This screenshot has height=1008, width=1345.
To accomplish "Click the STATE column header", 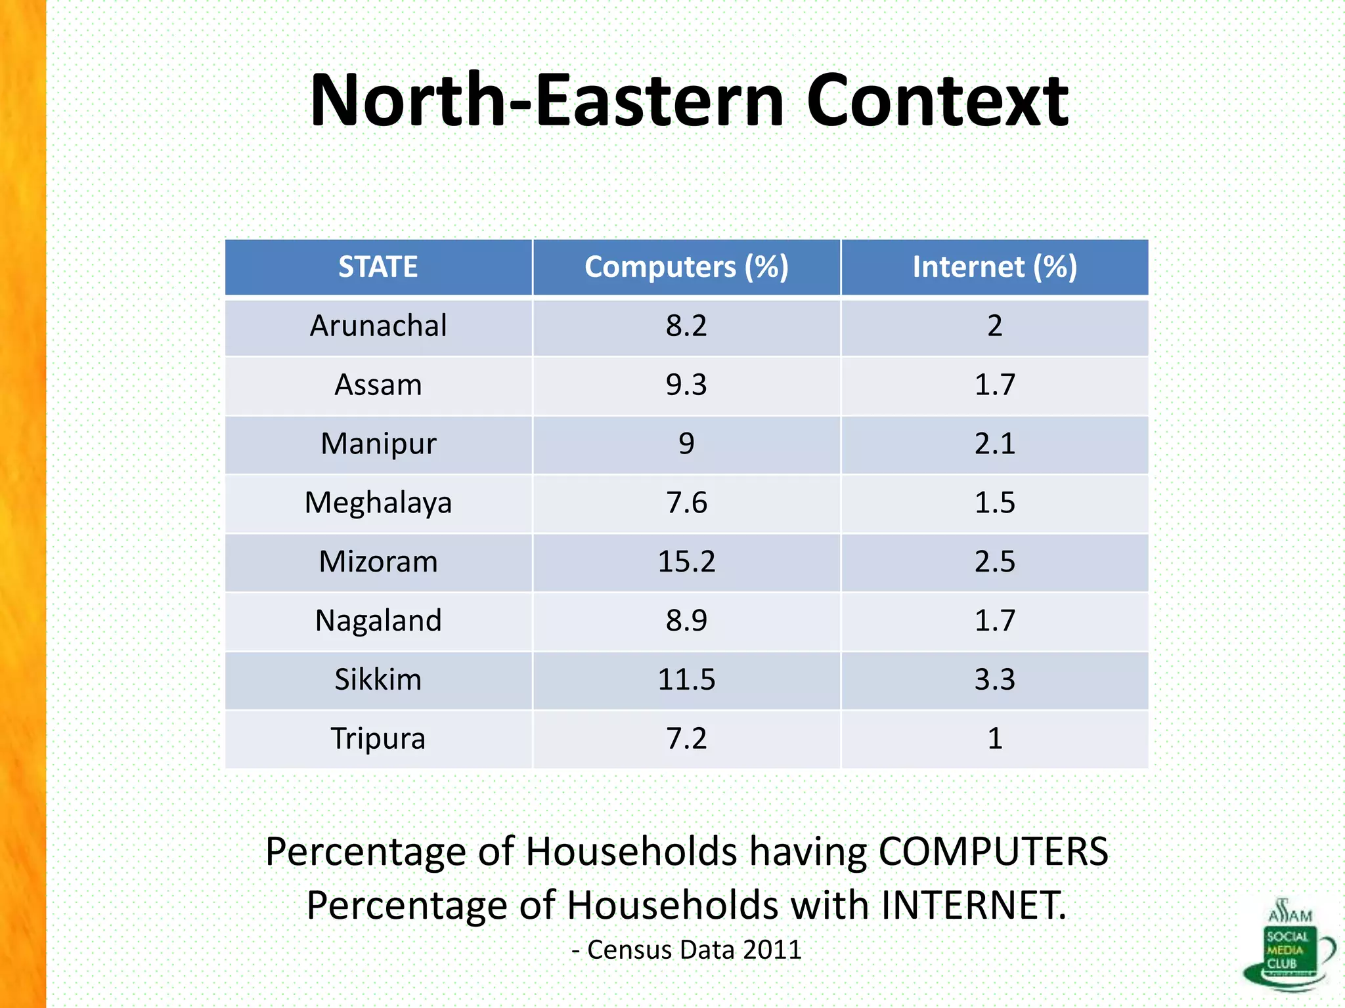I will point(378,267).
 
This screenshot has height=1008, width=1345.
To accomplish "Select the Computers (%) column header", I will point(686,267).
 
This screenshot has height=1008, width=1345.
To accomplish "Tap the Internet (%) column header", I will point(994,267).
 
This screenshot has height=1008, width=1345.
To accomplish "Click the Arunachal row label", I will point(378,326).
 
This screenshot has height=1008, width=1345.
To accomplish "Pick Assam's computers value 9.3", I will point(686,385).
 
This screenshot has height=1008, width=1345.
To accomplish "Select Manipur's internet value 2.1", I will point(994,444).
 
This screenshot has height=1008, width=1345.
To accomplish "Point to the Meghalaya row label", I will point(378,503).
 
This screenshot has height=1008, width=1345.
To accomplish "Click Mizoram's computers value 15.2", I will point(686,562).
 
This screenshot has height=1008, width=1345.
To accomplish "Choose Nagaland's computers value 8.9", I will point(686,621).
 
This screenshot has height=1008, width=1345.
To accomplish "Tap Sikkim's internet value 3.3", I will point(994,680).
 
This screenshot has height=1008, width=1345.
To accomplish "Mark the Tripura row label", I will point(378,739).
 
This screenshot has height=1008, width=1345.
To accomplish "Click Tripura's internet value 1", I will point(994,739).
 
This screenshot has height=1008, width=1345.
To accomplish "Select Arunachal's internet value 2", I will point(994,326).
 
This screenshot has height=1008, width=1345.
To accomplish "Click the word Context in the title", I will point(937,101).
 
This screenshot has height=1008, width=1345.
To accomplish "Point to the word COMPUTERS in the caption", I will point(993,852).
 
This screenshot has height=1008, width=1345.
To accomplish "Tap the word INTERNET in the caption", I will point(973,906).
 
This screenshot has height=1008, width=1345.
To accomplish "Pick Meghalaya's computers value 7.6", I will point(686,503).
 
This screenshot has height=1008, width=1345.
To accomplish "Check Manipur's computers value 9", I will point(686,444).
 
